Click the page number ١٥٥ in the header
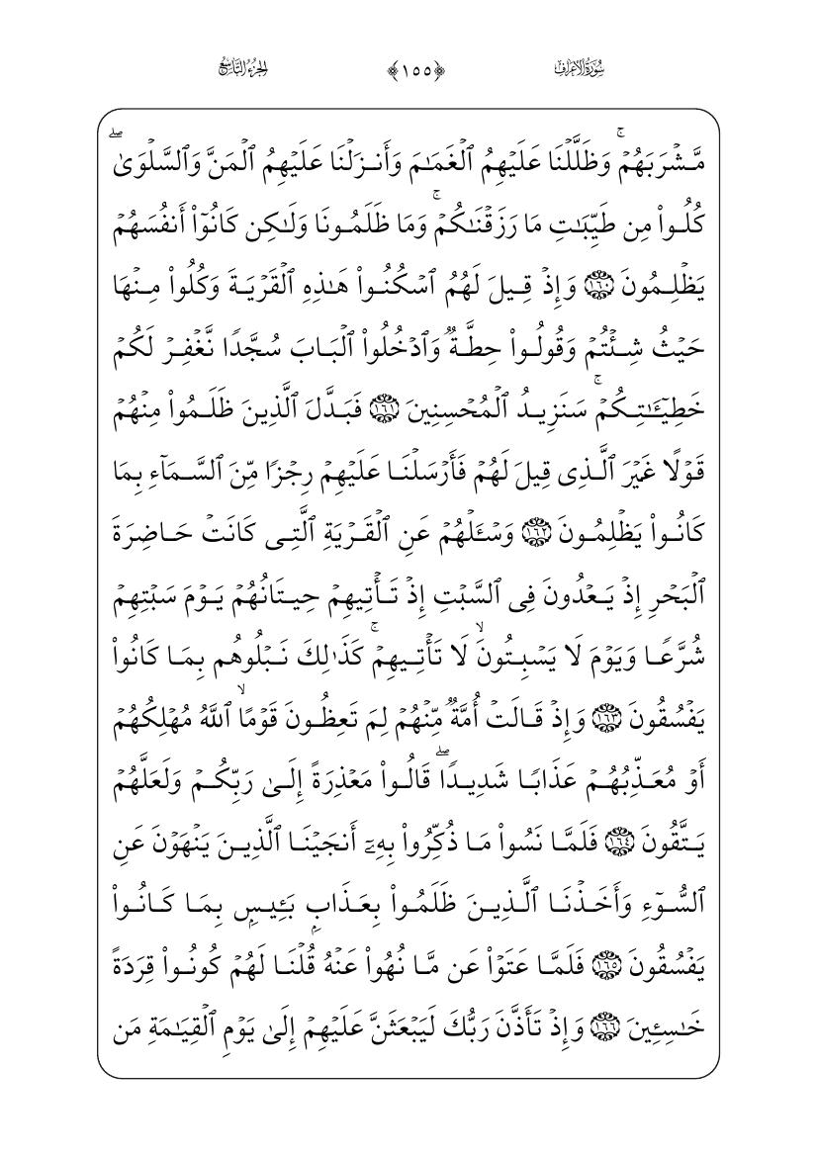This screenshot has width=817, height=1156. click(x=408, y=69)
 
